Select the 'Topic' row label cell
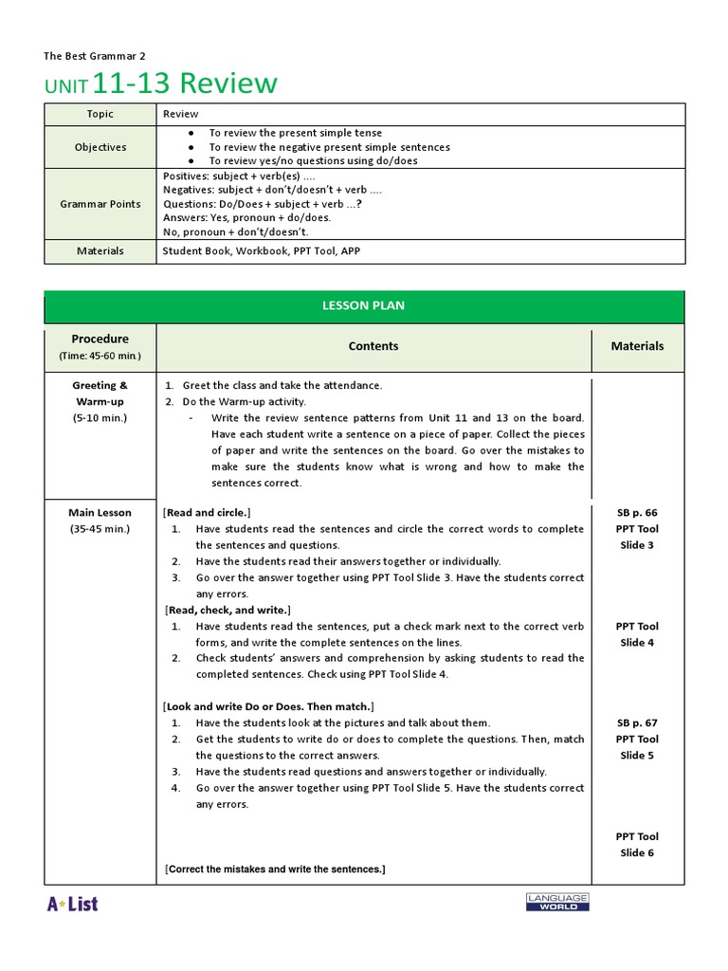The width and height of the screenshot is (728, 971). click(x=100, y=114)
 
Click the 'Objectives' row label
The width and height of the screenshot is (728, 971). click(x=100, y=147)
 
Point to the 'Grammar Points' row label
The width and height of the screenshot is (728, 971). click(x=100, y=204)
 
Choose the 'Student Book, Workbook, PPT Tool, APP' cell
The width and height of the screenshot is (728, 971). click(x=261, y=251)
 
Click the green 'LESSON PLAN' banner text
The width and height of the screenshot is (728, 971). click(x=364, y=306)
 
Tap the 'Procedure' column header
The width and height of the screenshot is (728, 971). click(x=100, y=339)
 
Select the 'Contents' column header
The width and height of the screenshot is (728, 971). click(x=373, y=346)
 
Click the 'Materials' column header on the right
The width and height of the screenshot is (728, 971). click(x=637, y=346)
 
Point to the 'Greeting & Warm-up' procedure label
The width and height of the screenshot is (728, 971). click(x=100, y=394)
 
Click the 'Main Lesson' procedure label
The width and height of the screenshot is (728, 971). click(x=100, y=513)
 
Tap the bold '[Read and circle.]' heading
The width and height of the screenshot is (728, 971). click(x=207, y=512)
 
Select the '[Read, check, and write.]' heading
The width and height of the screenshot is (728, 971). click(x=227, y=610)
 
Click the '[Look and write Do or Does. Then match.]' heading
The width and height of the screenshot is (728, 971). click(x=269, y=706)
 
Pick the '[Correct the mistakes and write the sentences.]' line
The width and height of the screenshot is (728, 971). click(x=275, y=869)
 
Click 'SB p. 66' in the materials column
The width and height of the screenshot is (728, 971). click(x=637, y=513)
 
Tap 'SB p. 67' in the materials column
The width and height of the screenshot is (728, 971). click(x=637, y=723)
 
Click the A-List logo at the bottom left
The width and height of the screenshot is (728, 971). click(x=72, y=904)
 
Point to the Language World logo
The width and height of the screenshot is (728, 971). click(x=557, y=902)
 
